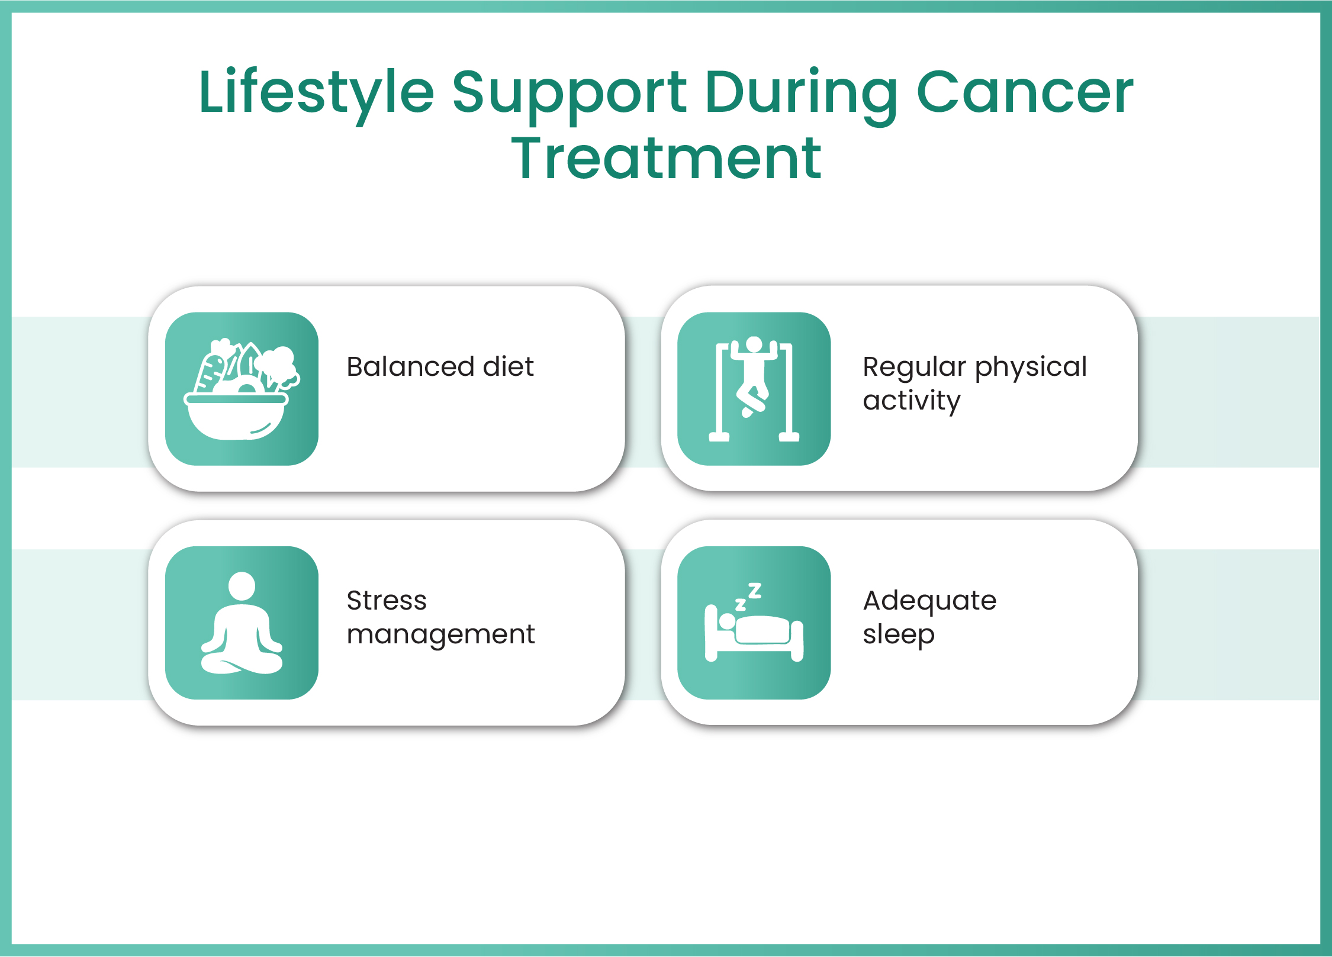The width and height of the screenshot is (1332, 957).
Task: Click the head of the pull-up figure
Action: (x=754, y=344)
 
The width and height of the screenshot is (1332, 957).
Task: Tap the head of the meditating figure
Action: (x=242, y=586)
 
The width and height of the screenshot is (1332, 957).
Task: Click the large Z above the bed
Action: (x=755, y=590)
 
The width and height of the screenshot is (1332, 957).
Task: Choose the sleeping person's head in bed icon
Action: (x=727, y=621)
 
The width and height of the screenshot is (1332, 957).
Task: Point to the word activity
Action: (x=911, y=401)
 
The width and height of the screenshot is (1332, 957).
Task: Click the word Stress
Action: (x=387, y=601)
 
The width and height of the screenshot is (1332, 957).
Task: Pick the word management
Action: (x=440, y=635)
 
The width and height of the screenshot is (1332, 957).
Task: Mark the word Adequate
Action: (x=929, y=601)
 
